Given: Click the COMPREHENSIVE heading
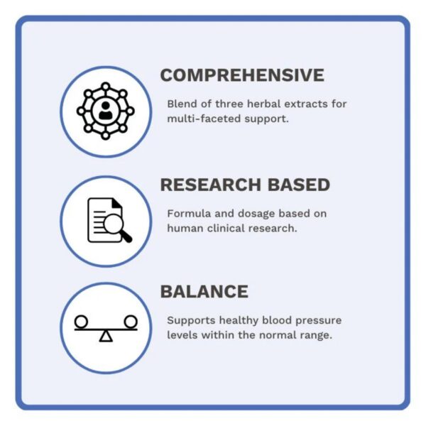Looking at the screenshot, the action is tap(242, 75).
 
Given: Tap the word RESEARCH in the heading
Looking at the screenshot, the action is tap(211, 185).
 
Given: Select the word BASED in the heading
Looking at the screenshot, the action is tap(299, 185).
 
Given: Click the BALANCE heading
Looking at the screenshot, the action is tap(204, 292).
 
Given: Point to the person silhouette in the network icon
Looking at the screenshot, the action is tap(105, 111).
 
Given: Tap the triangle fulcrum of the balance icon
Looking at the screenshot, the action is tap(106, 336).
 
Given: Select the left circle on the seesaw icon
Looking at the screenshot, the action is tap(81, 322).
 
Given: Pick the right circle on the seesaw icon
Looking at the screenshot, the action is tap(131, 322).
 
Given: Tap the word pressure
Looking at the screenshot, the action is tap(318, 321).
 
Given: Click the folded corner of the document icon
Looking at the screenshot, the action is tap(117, 204).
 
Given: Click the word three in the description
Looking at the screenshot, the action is tap(229, 104).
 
